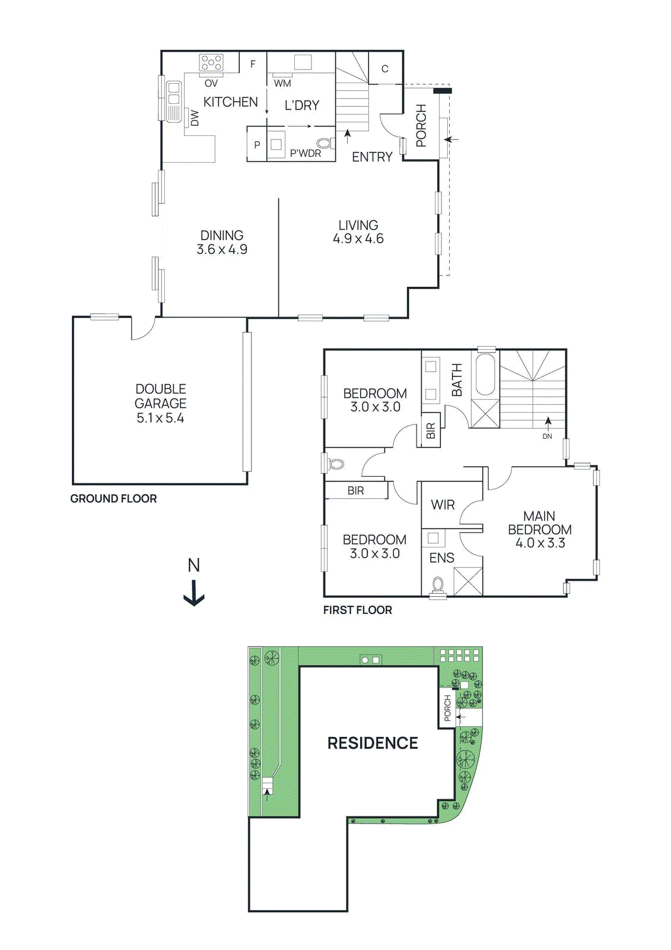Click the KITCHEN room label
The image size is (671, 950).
230,102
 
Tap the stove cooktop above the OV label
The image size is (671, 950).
211,63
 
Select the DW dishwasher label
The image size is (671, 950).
195,118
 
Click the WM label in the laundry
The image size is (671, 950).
282,84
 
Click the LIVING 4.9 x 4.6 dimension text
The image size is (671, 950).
358,239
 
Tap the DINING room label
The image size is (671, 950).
221,235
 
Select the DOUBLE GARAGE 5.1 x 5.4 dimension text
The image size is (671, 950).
160,418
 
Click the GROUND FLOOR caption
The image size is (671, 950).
113,499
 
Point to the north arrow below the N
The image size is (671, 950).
194,593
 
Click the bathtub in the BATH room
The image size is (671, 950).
485,375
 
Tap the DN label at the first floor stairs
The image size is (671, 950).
547,436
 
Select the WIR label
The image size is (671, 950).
443,505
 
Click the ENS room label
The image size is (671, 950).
441,558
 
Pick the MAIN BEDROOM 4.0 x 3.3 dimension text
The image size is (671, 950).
540,543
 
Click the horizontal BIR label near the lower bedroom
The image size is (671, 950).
355,491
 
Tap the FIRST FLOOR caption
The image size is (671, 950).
357,610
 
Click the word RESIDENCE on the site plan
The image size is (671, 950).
373,743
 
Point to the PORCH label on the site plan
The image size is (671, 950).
447,708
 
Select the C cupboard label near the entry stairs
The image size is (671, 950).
384,69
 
